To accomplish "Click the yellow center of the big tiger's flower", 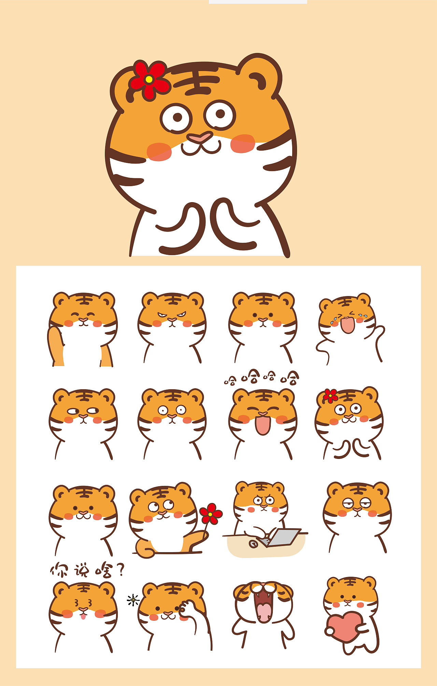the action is (x=149, y=79).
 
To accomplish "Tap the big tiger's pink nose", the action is (x=200, y=138).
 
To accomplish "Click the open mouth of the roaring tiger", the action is (x=263, y=607).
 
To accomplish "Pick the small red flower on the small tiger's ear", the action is (x=330, y=396).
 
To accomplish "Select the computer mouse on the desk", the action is (x=253, y=543).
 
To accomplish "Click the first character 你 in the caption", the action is (x=59, y=570).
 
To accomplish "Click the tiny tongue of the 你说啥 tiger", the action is (x=83, y=616).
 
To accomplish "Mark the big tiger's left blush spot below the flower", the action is (x=159, y=152).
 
